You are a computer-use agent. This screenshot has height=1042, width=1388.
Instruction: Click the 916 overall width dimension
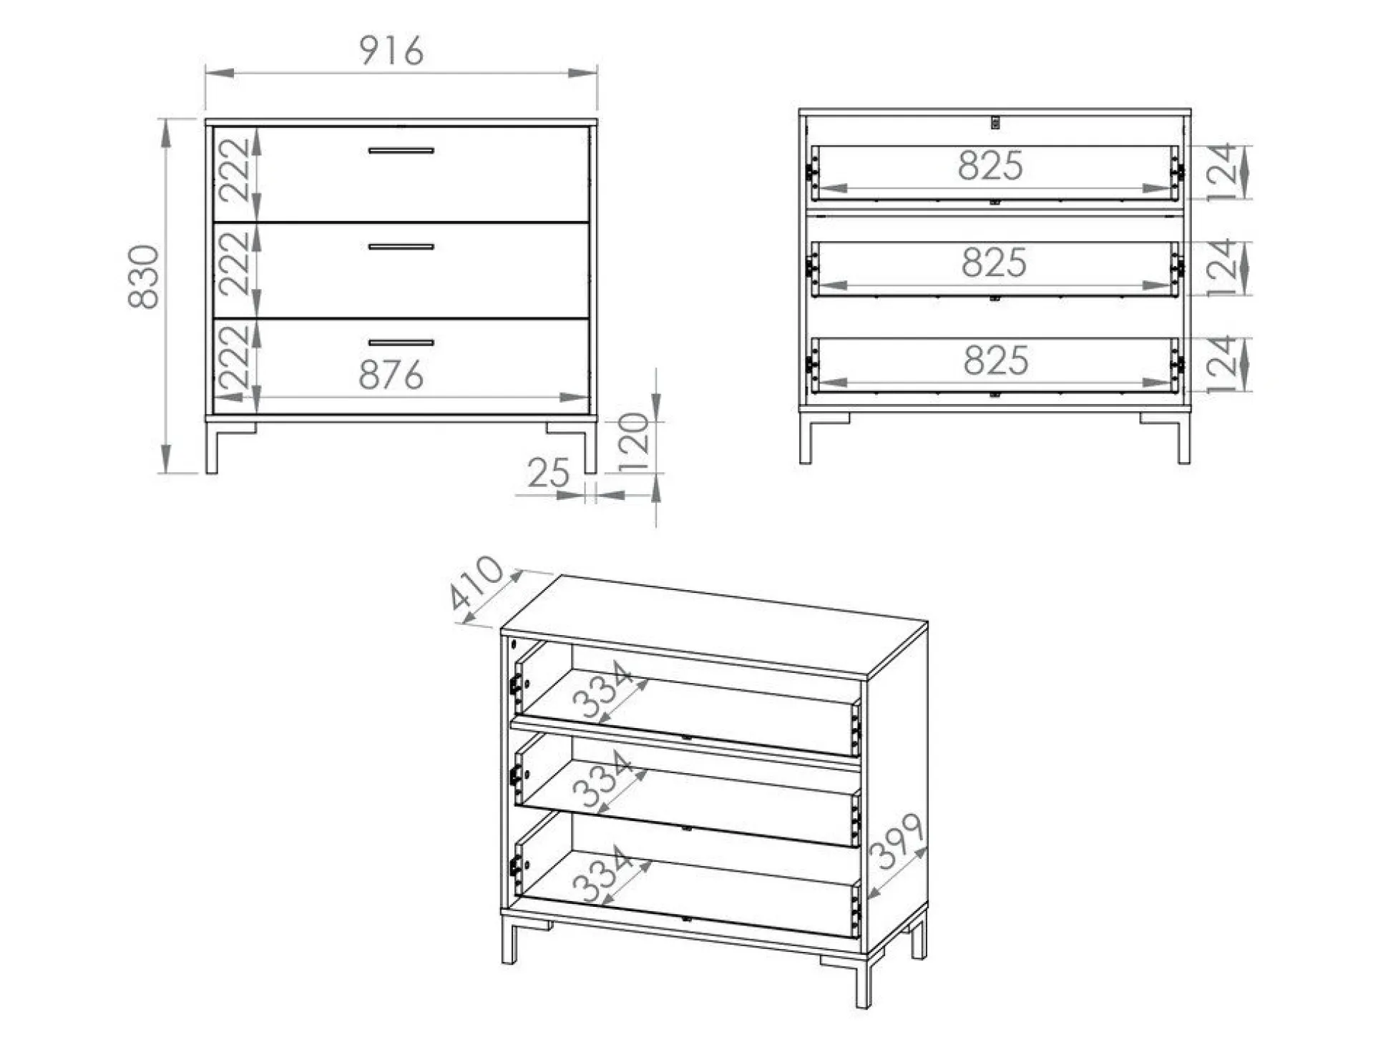[x=391, y=51]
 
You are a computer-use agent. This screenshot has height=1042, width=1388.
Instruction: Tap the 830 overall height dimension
[x=144, y=277]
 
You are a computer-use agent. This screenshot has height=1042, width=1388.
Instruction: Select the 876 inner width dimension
[x=391, y=375]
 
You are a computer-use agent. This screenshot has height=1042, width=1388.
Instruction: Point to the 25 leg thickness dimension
[x=549, y=473]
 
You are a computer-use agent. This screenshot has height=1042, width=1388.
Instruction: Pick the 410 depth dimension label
[x=476, y=583]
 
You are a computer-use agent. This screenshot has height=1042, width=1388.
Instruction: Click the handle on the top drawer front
[x=401, y=151]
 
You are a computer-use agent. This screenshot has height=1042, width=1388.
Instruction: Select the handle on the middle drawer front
[x=401, y=247]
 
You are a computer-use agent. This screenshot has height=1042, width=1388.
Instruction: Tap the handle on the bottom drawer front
[x=401, y=343]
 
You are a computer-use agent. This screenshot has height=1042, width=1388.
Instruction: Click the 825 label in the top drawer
[x=990, y=166]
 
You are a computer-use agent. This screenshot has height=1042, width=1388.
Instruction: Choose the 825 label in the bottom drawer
[x=996, y=360]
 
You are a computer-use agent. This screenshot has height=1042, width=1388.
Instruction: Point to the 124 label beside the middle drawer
[x=1223, y=268]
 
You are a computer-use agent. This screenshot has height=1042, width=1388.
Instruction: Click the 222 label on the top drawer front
[x=235, y=170]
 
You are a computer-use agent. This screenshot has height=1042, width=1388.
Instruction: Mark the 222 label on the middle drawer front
[x=235, y=264]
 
